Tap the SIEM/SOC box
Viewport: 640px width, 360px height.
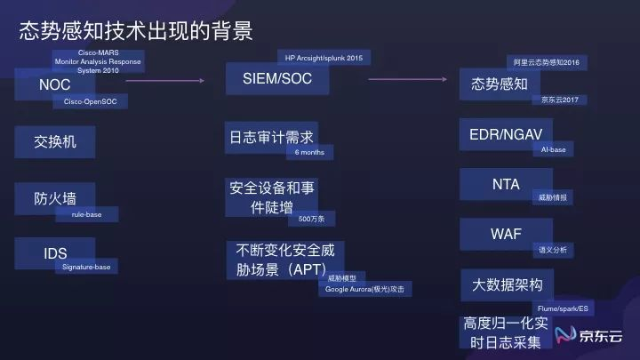[x=277, y=78]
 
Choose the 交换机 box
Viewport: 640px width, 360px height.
[x=52, y=141]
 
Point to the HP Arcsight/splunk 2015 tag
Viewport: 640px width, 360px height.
[x=324, y=58]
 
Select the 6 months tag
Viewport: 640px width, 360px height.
[x=309, y=153]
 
